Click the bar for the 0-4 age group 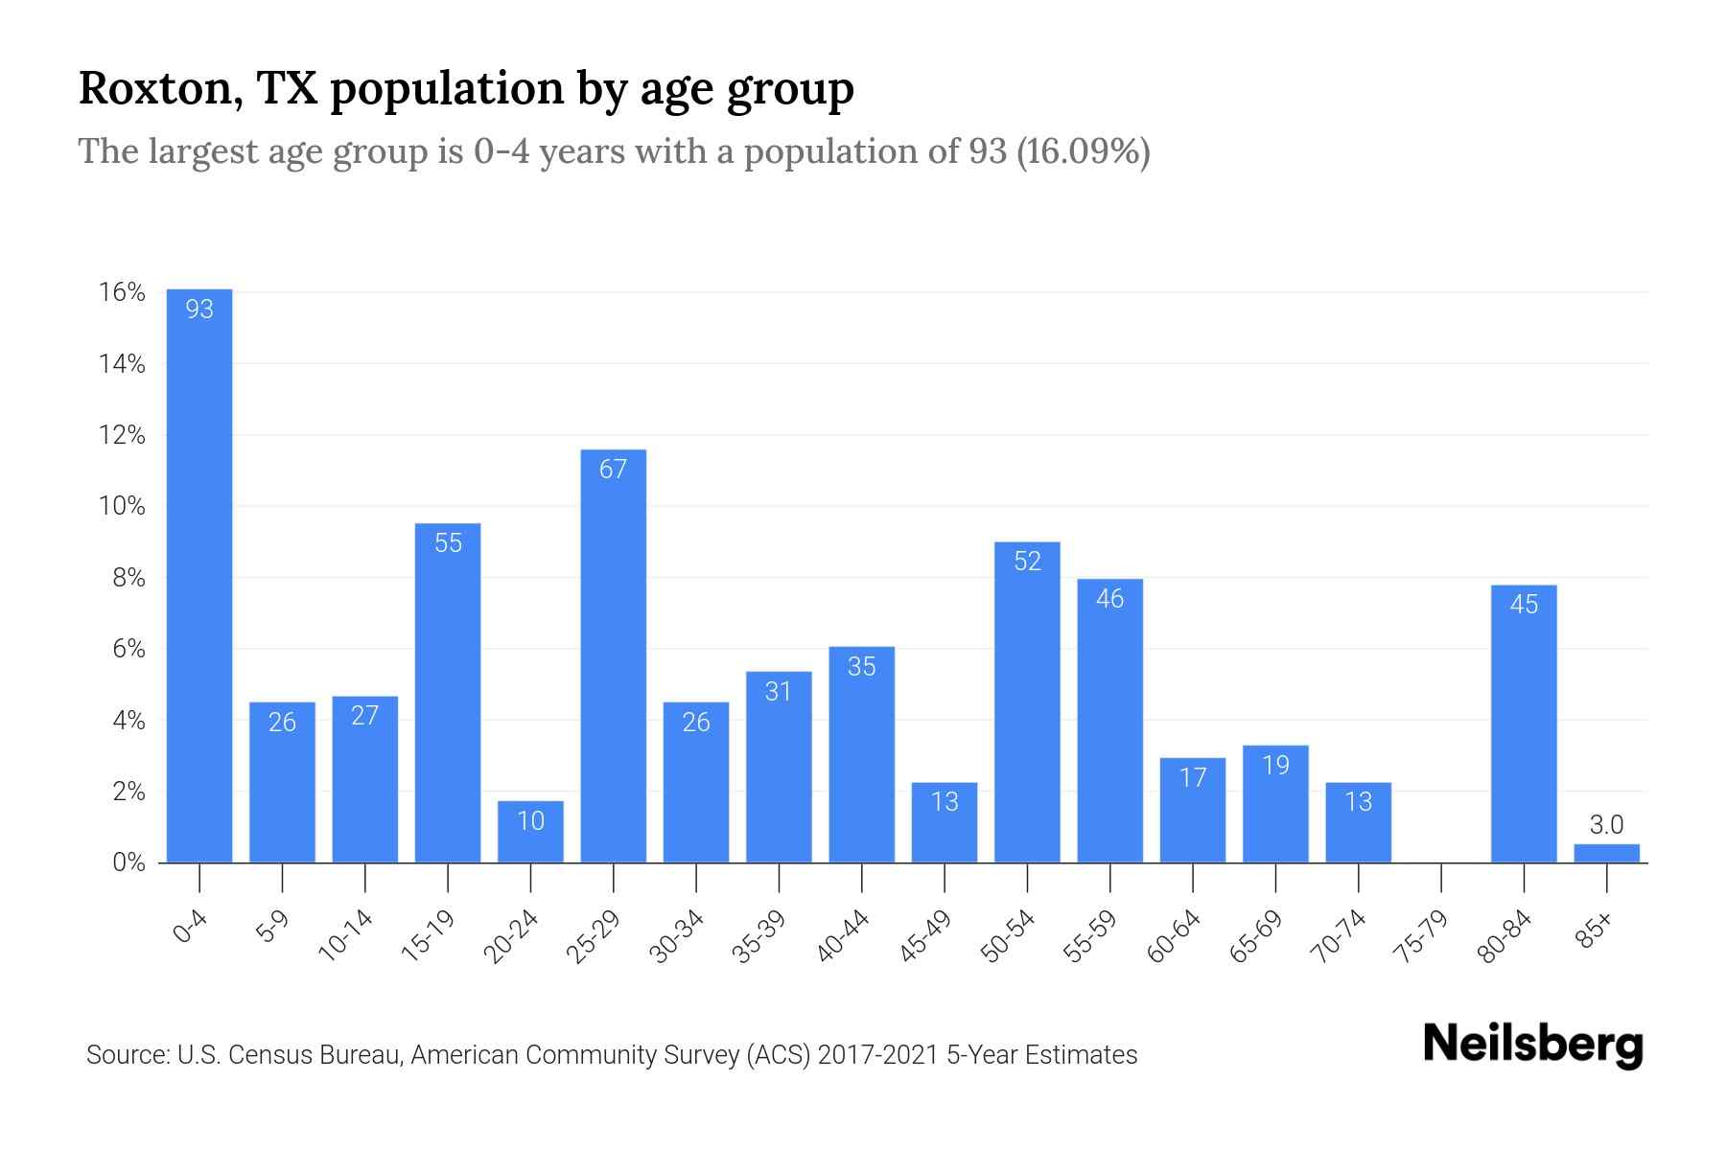click(199, 575)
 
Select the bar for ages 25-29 click(614, 656)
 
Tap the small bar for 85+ click(1607, 853)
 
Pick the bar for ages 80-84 click(1524, 724)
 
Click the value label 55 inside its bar click(448, 543)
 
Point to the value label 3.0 click(1607, 824)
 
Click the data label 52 click(1027, 562)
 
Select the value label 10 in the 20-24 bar click(530, 821)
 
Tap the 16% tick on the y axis click(122, 292)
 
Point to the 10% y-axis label click(122, 506)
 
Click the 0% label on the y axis click(128, 862)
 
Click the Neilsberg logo click(1532, 1045)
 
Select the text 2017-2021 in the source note click(877, 1055)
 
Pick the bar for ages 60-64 click(1193, 810)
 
